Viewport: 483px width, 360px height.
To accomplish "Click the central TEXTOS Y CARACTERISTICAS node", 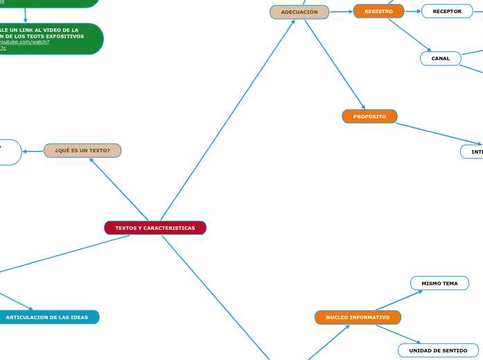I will coord(155,228).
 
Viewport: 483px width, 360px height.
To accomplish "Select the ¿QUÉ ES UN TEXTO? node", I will coord(82,150).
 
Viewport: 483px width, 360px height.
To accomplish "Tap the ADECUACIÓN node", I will coord(299,12).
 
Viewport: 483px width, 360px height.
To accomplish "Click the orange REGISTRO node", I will coord(378,11).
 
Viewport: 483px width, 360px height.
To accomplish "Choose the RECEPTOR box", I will coord(447,11).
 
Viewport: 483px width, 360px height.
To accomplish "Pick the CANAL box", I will coord(441,58).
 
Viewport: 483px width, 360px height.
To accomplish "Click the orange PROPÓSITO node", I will coord(369,116).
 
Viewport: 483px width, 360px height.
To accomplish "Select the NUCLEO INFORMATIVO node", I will coord(358,317).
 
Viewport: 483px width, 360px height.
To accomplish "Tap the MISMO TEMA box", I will coord(439,283).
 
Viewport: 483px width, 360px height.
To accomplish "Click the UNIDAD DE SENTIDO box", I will coord(438,350).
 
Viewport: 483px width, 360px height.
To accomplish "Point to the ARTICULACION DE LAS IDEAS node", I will coord(47,317).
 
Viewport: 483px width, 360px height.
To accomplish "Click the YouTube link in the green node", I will coord(24,42).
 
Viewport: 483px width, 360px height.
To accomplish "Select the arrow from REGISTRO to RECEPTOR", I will coord(413,11).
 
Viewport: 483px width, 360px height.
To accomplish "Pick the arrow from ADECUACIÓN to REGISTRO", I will coord(341,12).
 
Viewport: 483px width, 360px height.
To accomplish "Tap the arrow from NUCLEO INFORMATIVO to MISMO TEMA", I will coord(399,300).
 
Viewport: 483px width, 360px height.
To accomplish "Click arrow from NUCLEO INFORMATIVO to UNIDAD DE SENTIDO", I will coord(398,334).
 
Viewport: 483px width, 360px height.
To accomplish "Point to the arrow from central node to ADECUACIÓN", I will coord(227,120).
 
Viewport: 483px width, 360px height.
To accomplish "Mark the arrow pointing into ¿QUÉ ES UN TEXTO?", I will coord(118,189).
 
